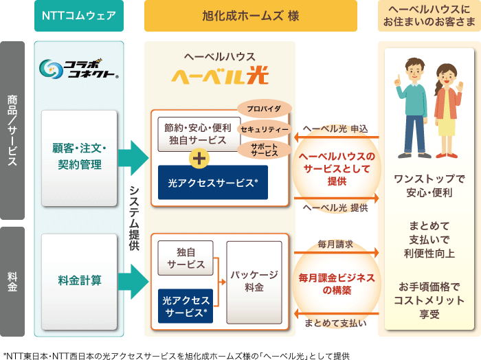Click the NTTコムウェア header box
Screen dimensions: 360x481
pyautogui.click(x=79, y=16)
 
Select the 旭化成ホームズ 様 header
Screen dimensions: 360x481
pyautogui.click(x=251, y=16)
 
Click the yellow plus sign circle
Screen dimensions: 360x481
pyautogui.click(x=199, y=157)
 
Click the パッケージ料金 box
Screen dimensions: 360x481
pyautogui.click(x=254, y=280)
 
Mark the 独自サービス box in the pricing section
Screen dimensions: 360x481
pyautogui.click(x=186, y=259)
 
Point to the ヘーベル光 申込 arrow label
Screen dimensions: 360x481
pyautogui.click(x=335, y=128)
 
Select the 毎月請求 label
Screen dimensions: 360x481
pyautogui.click(x=335, y=244)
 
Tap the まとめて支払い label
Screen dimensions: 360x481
pyautogui.click(x=335, y=323)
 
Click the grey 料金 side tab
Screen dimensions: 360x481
pyautogui.click(x=13, y=282)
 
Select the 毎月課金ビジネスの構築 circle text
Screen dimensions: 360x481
pyautogui.click(x=336, y=283)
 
